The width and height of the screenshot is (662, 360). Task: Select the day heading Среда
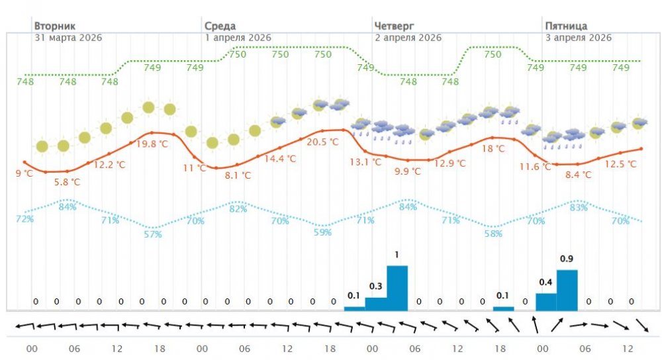click(219, 26)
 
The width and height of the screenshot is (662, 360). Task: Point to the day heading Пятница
click(566, 26)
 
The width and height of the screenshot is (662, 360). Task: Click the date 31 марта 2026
click(68, 38)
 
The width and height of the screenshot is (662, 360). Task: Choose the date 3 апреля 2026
click(578, 38)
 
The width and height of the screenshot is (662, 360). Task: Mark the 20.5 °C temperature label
click(323, 142)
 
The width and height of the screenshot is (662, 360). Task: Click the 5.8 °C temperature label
click(67, 182)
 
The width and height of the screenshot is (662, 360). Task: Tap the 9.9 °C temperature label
click(408, 171)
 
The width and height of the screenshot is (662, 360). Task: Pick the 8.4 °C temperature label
click(578, 175)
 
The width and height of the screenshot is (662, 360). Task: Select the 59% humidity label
click(323, 232)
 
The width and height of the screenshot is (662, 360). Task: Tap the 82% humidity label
click(238, 209)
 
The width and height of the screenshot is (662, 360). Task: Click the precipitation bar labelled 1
click(397, 288)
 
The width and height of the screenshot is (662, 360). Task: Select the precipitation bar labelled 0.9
click(567, 290)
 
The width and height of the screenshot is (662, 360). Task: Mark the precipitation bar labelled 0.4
click(545, 302)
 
